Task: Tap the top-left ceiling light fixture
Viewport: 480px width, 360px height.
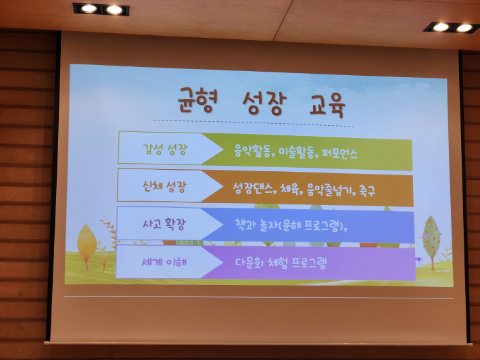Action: (101, 9)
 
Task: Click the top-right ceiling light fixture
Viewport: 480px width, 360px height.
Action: (452, 27)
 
